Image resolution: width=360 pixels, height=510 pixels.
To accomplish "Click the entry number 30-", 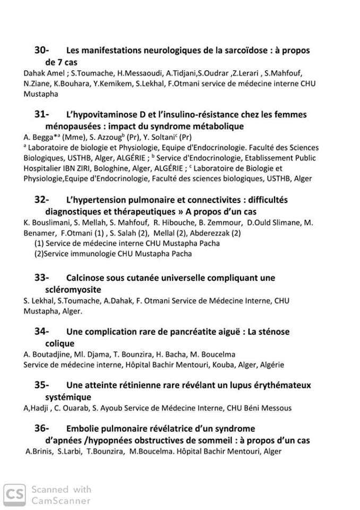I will tap(42, 50).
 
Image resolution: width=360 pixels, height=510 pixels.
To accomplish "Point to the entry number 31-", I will tap(42, 114).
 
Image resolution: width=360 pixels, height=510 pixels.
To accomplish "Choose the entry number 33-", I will tap(42, 277).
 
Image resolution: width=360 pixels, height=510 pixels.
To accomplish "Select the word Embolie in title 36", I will tap(82, 428).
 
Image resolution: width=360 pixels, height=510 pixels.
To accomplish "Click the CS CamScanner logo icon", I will tap(13, 495).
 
